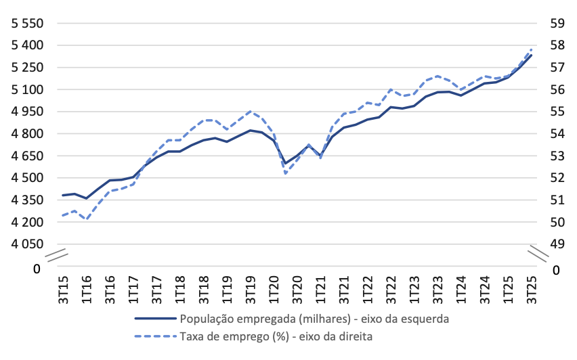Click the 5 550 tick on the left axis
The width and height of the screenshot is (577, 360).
click(x=24, y=24)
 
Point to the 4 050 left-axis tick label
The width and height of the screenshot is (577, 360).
click(x=24, y=244)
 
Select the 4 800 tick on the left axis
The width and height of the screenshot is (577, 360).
click(x=24, y=134)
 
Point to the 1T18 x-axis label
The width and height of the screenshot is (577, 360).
click(x=180, y=289)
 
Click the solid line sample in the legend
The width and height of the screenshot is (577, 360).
click(x=155, y=317)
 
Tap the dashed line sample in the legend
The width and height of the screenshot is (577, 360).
click(x=155, y=335)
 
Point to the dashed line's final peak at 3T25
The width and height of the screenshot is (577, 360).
click(x=532, y=49)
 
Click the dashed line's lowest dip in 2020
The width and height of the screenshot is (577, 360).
click(x=286, y=174)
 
